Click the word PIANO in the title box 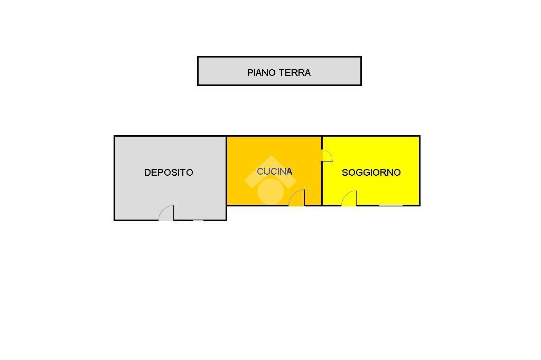tap(260, 73)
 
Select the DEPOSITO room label tap(169, 172)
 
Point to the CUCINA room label tap(274, 171)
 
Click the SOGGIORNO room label tap(371, 172)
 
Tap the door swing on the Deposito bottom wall tap(167, 213)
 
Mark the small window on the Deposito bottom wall tap(198, 220)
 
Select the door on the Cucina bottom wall tap(297, 198)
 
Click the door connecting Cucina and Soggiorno tap(327, 155)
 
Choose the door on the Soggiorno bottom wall tap(349, 198)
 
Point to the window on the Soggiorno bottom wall tap(390, 205)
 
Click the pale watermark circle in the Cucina tap(270, 191)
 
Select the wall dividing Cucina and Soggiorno tap(322, 179)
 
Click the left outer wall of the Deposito tap(115, 178)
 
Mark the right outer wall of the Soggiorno tap(419, 170)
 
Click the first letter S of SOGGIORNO tap(345, 172)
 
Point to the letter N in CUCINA tap(282, 171)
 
